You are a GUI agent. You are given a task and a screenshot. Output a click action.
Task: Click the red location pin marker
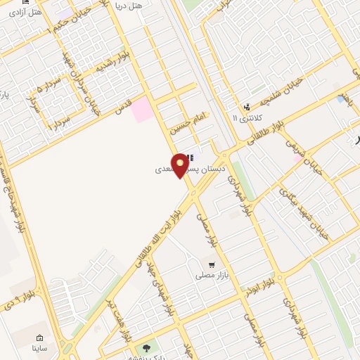[180, 165]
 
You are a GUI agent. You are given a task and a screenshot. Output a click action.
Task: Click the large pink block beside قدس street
[143, 110]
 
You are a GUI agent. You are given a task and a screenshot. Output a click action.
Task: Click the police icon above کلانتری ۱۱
[246, 107]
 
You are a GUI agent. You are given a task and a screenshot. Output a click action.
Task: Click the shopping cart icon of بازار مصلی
[211, 265]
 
